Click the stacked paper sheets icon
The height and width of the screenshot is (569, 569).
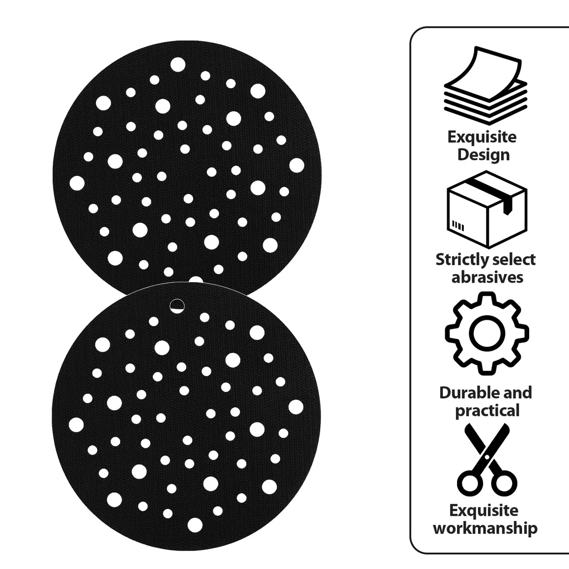click(486, 85)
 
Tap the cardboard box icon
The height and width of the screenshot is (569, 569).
click(486, 210)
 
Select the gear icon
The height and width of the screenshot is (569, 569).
click(487, 334)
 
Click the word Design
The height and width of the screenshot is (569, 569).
click(483, 155)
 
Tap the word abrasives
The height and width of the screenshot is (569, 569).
click(487, 277)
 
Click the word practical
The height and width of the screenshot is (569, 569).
click(487, 411)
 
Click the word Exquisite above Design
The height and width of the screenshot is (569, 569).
click(482, 138)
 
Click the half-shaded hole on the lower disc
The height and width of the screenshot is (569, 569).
click(177, 306)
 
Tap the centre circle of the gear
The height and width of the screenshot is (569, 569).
click(487, 334)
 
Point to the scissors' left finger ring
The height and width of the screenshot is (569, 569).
click(470, 484)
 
